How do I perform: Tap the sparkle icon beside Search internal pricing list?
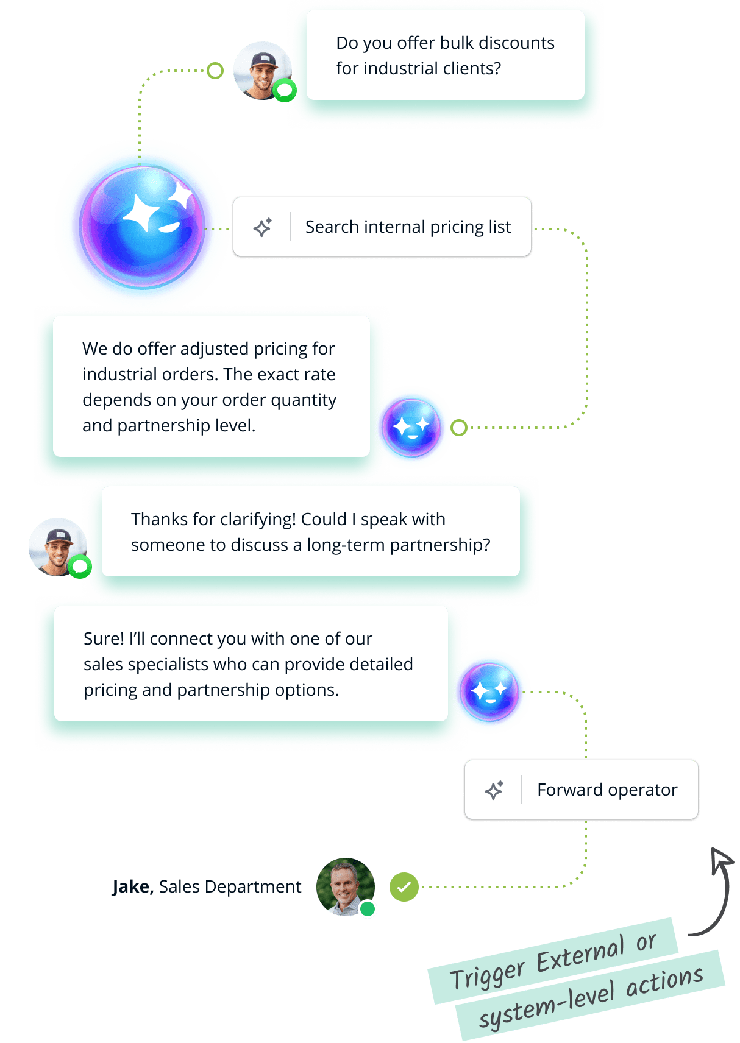[x=263, y=227]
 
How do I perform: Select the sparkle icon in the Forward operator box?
[x=494, y=790]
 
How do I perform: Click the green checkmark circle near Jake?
[x=404, y=886]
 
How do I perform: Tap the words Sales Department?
[x=230, y=887]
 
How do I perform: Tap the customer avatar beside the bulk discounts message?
[x=262, y=70]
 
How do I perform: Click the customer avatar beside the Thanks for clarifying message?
[x=57, y=546]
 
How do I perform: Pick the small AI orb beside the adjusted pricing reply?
[x=413, y=428]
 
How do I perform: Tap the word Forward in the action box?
[x=569, y=790]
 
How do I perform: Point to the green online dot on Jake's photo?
[x=368, y=909]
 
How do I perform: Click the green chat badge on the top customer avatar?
[x=284, y=91]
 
